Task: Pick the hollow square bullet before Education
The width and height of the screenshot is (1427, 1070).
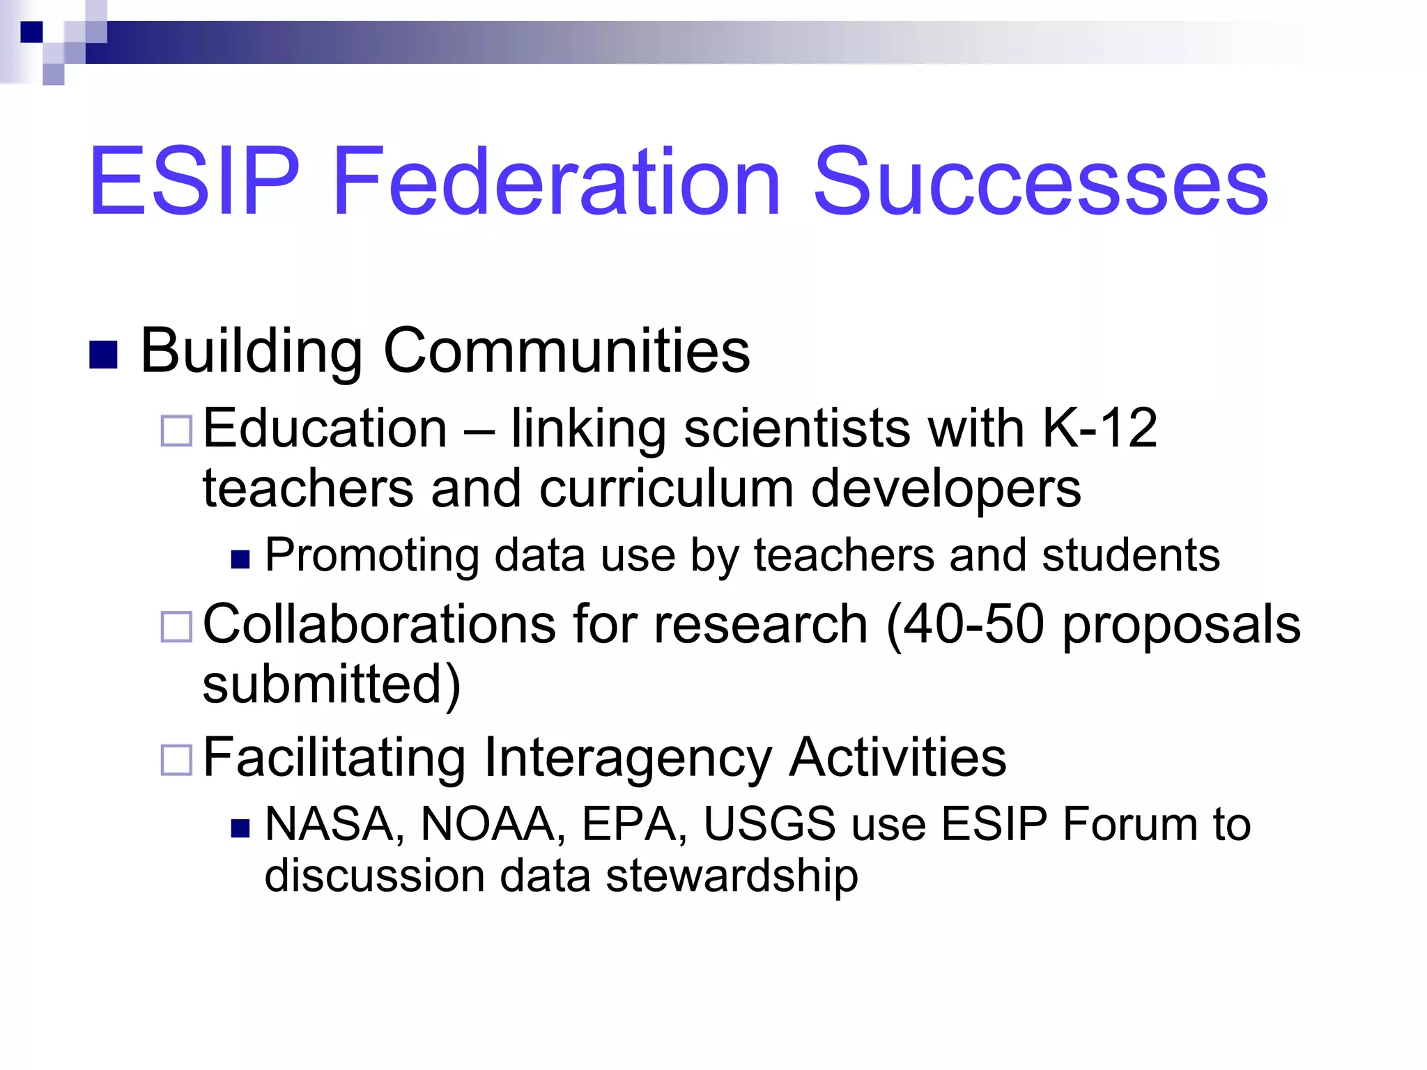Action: pos(176,431)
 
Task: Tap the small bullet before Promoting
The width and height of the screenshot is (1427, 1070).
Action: pos(240,559)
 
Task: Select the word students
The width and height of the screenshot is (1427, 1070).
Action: pos(1130,555)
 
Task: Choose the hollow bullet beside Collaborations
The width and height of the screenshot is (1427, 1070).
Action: pos(176,626)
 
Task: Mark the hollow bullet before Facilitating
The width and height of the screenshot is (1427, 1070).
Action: pos(176,759)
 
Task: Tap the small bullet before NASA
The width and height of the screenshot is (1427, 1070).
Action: pos(240,828)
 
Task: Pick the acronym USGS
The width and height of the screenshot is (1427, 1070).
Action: pos(769,824)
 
